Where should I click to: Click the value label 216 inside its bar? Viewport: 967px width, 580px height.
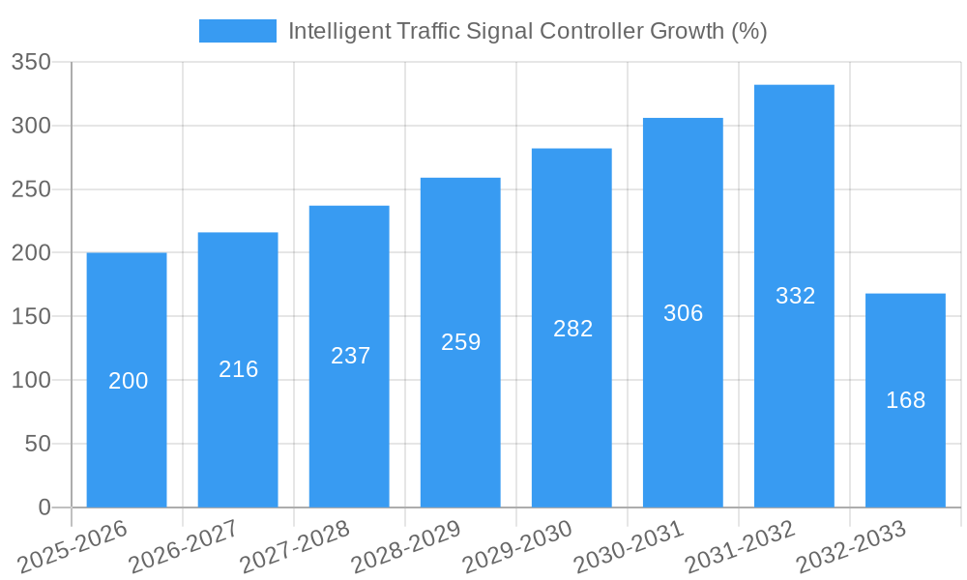(x=238, y=369)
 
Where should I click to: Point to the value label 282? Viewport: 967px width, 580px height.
(x=572, y=329)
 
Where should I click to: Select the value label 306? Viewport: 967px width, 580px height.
(x=683, y=313)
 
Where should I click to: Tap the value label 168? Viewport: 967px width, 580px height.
(x=905, y=400)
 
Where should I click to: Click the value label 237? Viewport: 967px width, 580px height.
(x=350, y=356)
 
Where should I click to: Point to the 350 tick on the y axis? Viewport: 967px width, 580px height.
(x=31, y=63)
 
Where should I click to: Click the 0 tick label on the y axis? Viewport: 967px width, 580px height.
(x=44, y=507)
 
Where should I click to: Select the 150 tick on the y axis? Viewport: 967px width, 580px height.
(x=31, y=317)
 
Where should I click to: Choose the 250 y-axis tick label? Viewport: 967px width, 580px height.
(x=31, y=190)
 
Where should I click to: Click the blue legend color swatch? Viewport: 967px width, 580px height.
(x=237, y=31)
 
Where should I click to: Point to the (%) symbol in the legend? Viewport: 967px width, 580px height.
(x=748, y=31)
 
